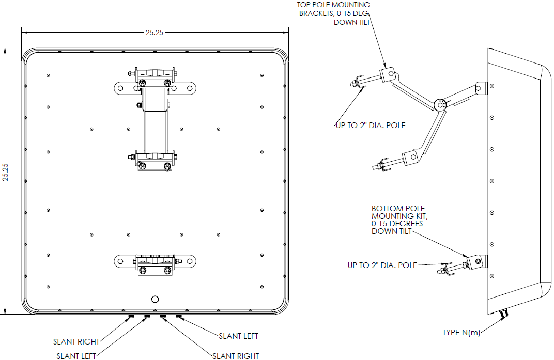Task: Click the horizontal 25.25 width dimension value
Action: pos(154,32)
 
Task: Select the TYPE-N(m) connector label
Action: pos(461,333)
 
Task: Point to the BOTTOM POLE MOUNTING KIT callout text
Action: pos(397,220)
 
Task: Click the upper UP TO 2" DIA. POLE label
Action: pos(370,126)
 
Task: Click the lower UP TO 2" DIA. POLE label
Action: pos(382,265)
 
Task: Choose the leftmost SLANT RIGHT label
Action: pos(76,341)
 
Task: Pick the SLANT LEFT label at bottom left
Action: pos(76,356)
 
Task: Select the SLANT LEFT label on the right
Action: pos(238,336)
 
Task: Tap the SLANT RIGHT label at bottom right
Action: pos(236,356)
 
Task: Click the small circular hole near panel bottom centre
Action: pos(155,299)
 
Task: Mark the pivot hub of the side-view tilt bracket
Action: pos(440,105)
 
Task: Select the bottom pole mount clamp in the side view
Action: pos(476,262)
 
